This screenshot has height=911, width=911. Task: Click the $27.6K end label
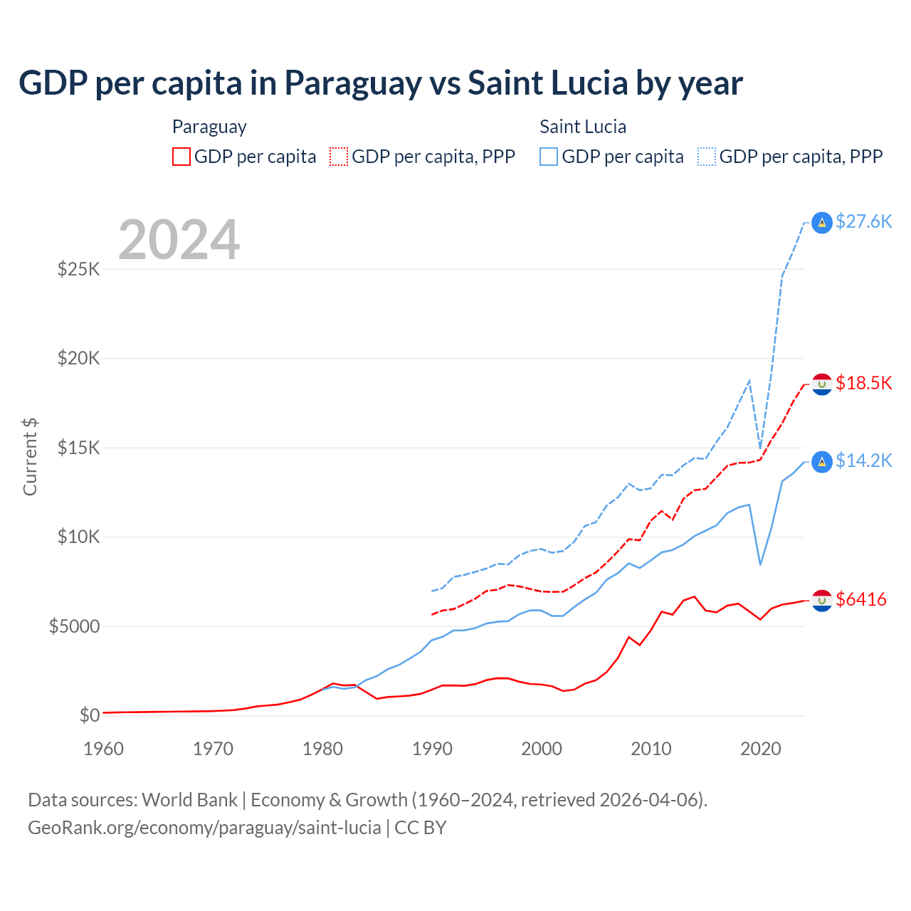click(x=863, y=222)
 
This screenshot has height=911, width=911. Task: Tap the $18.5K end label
click(x=863, y=384)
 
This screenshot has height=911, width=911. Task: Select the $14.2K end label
click(x=863, y=461)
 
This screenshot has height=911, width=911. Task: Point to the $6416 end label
click(x=861, y=600)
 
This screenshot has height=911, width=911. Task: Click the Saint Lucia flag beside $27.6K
click(x=822, y=223)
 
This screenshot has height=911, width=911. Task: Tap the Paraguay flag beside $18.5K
click(x=822, y=384)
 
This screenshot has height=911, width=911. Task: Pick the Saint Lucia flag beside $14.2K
click(x=822, y=462)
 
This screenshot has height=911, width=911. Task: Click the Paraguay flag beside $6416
click(x=822, y=601)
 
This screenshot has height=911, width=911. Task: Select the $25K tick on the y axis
click(x=79, y=270)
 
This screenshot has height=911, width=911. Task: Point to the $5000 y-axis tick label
click(x=74, y=627)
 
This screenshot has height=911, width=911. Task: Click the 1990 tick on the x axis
click(x=433, y=749)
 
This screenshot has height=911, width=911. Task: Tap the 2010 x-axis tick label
click(x=651, y=749)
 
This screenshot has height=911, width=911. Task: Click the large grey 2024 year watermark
click(x=179, y=240)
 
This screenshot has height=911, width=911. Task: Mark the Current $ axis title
click(x=30, y=457)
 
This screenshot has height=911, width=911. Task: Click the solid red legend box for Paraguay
click(x=181, y=157)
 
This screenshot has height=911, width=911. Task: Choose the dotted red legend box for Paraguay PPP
click(x=339, y=157)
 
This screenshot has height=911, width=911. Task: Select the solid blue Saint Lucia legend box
click(x=549, y=157)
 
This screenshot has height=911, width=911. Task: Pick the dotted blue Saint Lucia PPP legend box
click(x=707, y=157)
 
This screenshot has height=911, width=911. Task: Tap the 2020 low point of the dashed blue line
click(x=760, y=449)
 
